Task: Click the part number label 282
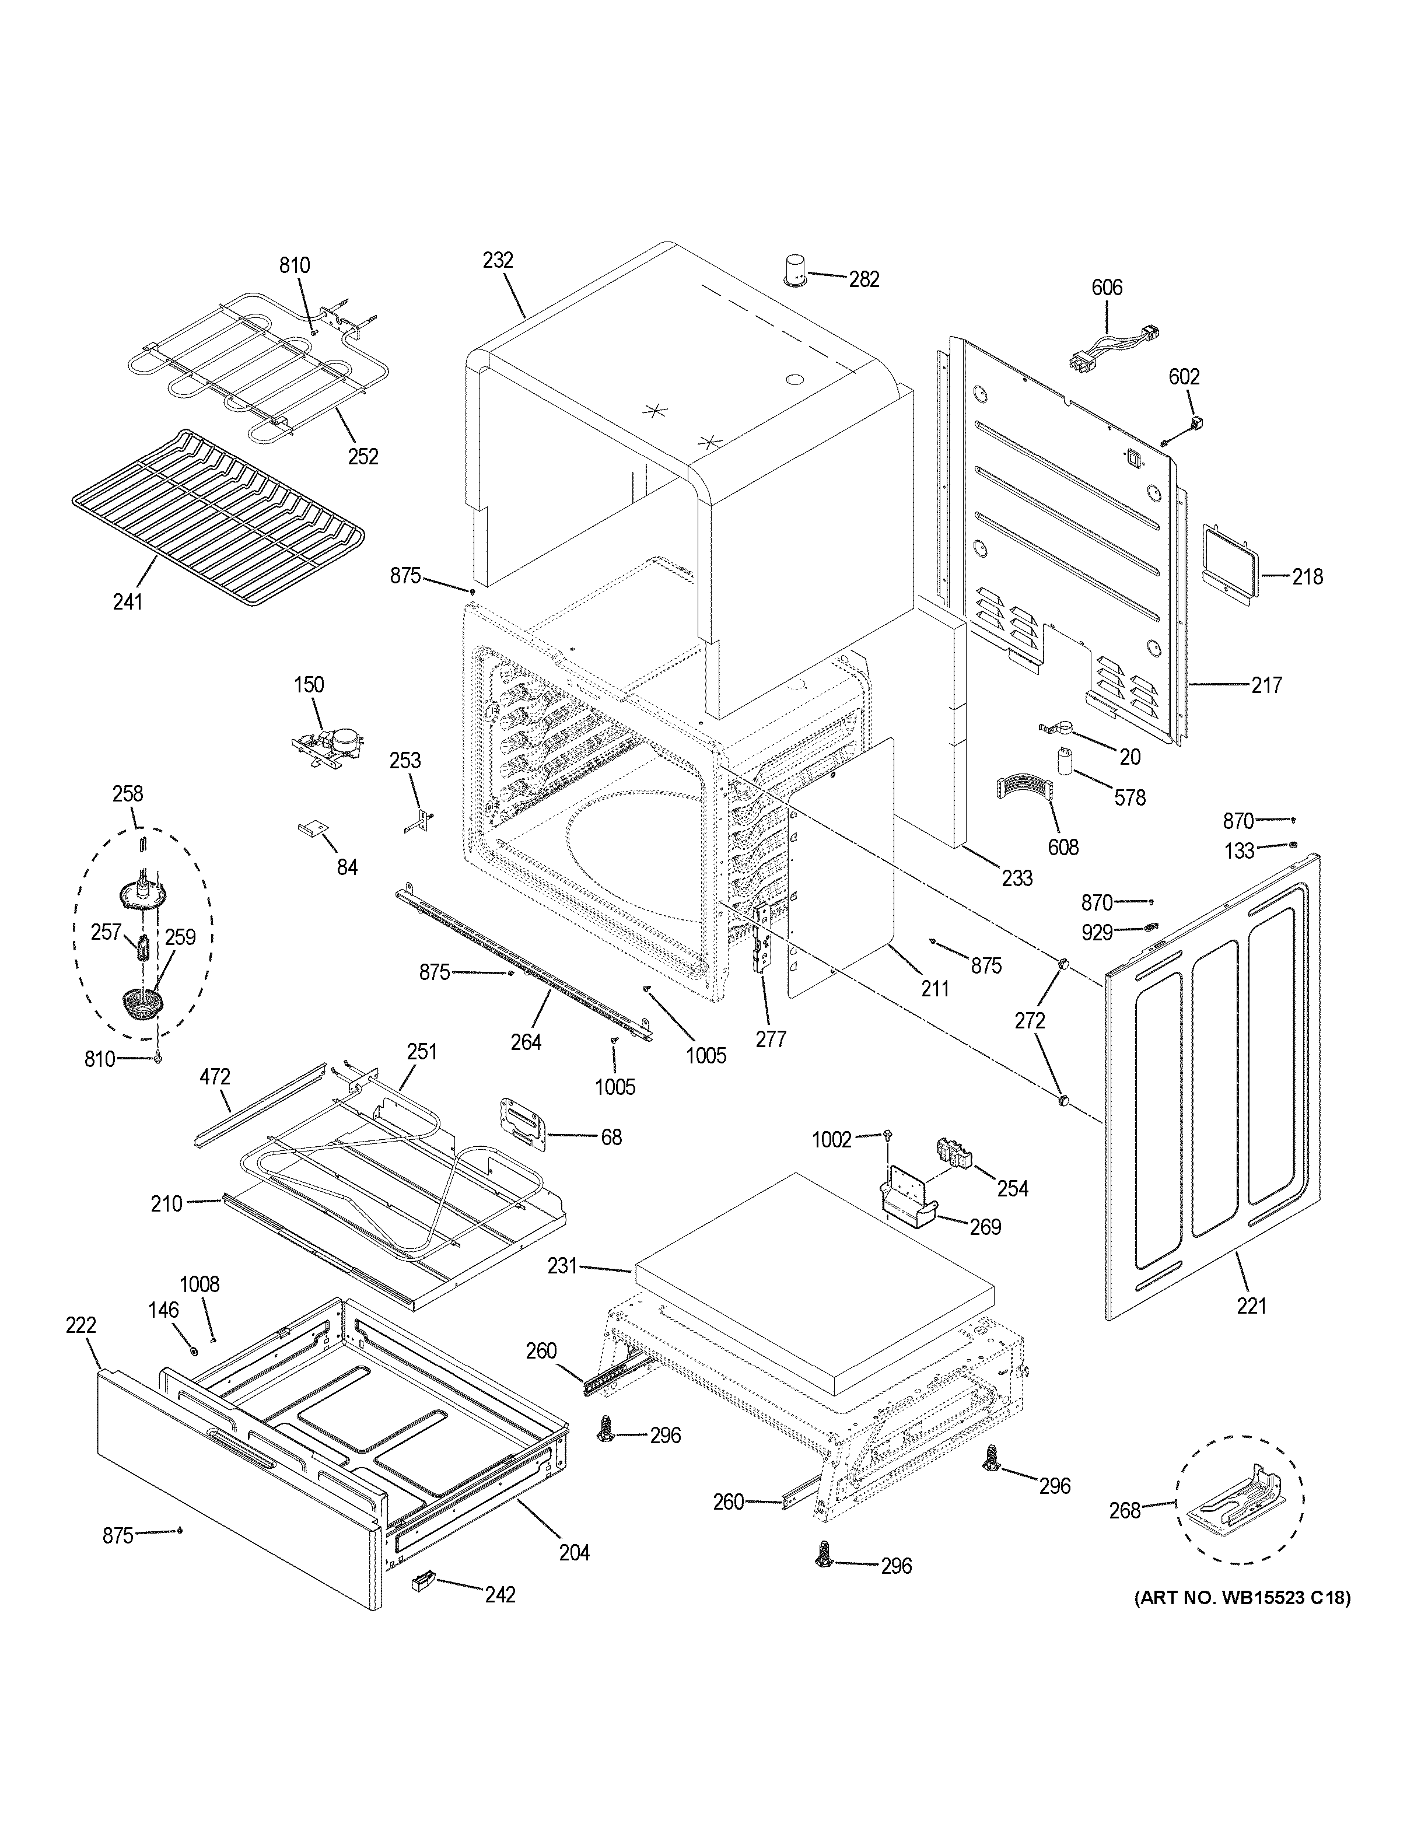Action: [864, 279]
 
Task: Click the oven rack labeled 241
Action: [220, 516]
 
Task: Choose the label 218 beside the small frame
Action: [1307, 577]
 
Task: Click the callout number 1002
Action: [832, 1140]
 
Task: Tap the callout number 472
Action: [214, 1077]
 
